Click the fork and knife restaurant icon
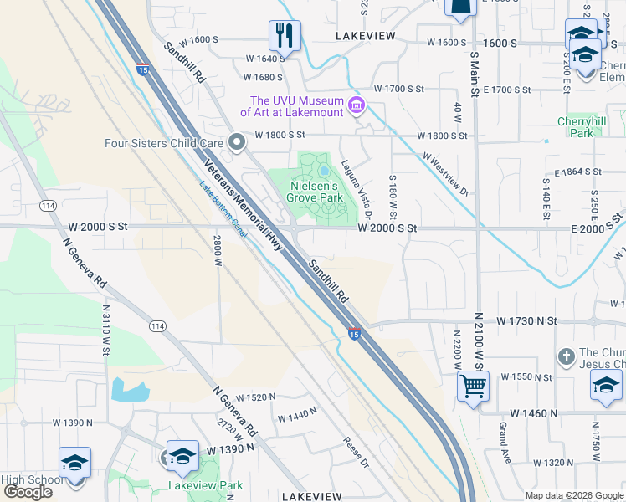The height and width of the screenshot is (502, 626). (x=285, y=36)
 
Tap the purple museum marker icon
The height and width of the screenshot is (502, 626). (x=357, y=105)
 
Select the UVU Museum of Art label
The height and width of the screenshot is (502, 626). (x=291, y=105)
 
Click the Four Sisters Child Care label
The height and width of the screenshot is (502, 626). (x=163, y=143)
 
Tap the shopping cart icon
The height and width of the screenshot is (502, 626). (x=473, y=387)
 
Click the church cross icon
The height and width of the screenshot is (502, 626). (x=567, y=356)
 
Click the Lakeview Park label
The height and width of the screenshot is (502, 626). (x=205, y=485)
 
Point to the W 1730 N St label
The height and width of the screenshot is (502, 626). (x=526, y=321)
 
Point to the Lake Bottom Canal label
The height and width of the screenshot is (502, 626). (x=223, y=209)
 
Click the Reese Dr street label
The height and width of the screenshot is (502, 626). (x=356, y=452)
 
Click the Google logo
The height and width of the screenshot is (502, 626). (x=28, y=492)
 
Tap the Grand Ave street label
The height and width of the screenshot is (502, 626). (x=504, y=433)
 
